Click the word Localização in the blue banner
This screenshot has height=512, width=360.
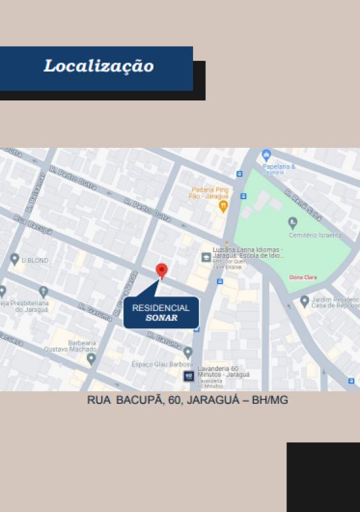98,67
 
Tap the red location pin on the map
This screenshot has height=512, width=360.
162,271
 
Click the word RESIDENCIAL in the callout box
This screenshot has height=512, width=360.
160,308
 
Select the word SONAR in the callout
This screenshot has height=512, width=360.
161,318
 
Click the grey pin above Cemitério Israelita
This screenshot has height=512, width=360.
293,223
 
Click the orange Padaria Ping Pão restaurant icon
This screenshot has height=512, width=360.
223,206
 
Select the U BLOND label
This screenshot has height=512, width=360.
35,260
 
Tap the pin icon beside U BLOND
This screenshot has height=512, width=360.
15,259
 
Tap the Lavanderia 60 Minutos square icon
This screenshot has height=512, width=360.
188,376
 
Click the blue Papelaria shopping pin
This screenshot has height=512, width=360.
267,155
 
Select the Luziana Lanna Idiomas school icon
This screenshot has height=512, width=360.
206,257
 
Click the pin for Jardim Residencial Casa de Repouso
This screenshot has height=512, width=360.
304,301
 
